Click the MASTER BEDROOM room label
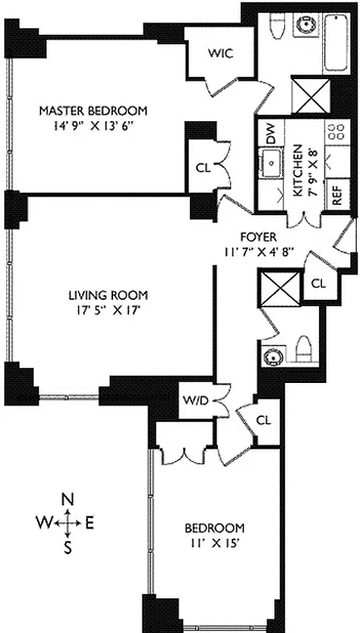click(x=93, y=110)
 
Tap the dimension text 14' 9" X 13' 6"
click(x=93, y=125)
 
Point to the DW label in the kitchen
click(x=271, y=137)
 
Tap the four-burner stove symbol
click(x=337, y=131)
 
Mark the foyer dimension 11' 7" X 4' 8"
click(x=259, y=252)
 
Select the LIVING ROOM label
click(x=100, y=296)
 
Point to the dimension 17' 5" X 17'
click(x=100, y=311)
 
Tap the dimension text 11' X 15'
click(x=214, y=543)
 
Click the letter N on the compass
click(x=69, y=499)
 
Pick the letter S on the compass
click(x=68, y=545)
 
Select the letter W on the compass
click(x=43, y=522)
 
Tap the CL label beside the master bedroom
click(x=202, y=168)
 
